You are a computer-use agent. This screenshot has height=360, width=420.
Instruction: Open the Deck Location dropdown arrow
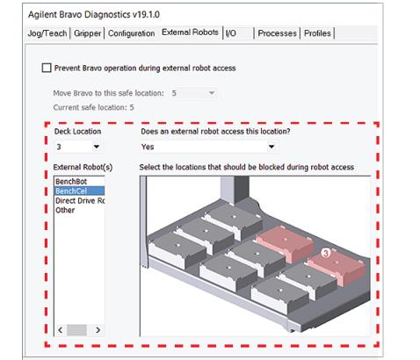[x=95, y=147]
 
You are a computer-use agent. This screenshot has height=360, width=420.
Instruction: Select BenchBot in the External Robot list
[x=71, y=181]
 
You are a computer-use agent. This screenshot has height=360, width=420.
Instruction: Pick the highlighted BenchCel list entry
[x=71, y=191]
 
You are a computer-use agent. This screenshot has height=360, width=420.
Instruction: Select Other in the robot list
[x=65, y=210]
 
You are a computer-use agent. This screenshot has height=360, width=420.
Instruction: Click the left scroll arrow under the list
[x=60, y=329]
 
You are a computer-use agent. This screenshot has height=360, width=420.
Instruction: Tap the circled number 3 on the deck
[x=325, y=252]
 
